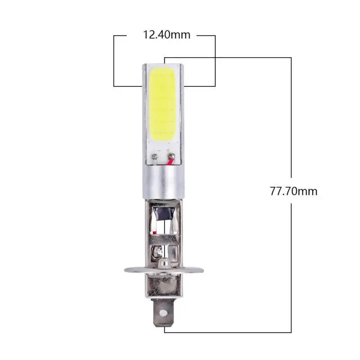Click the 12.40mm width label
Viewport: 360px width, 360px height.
pyautogui.click(x=166, y=35)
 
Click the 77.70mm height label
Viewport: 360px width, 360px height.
pyautogui.click(x=293, y=191)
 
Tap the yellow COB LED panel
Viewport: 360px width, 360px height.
pyautogui.click(x=163, y=103)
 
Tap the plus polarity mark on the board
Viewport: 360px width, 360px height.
pyautogui.click(x=168, y=149)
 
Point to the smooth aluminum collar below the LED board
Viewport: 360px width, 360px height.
pyautogui.click(x=162, y=182)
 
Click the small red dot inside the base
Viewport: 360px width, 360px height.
pyautogui.click(x=154, y=232)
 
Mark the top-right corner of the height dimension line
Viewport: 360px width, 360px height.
pyautogui.click(x=292, y=58)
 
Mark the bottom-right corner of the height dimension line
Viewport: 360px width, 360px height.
pyautogui.click(x=292, y=332)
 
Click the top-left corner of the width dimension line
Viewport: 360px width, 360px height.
pyautogui.click(x=114, y=35)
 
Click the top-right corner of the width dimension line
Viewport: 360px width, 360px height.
pyautogui.click(x=215, y=35)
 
